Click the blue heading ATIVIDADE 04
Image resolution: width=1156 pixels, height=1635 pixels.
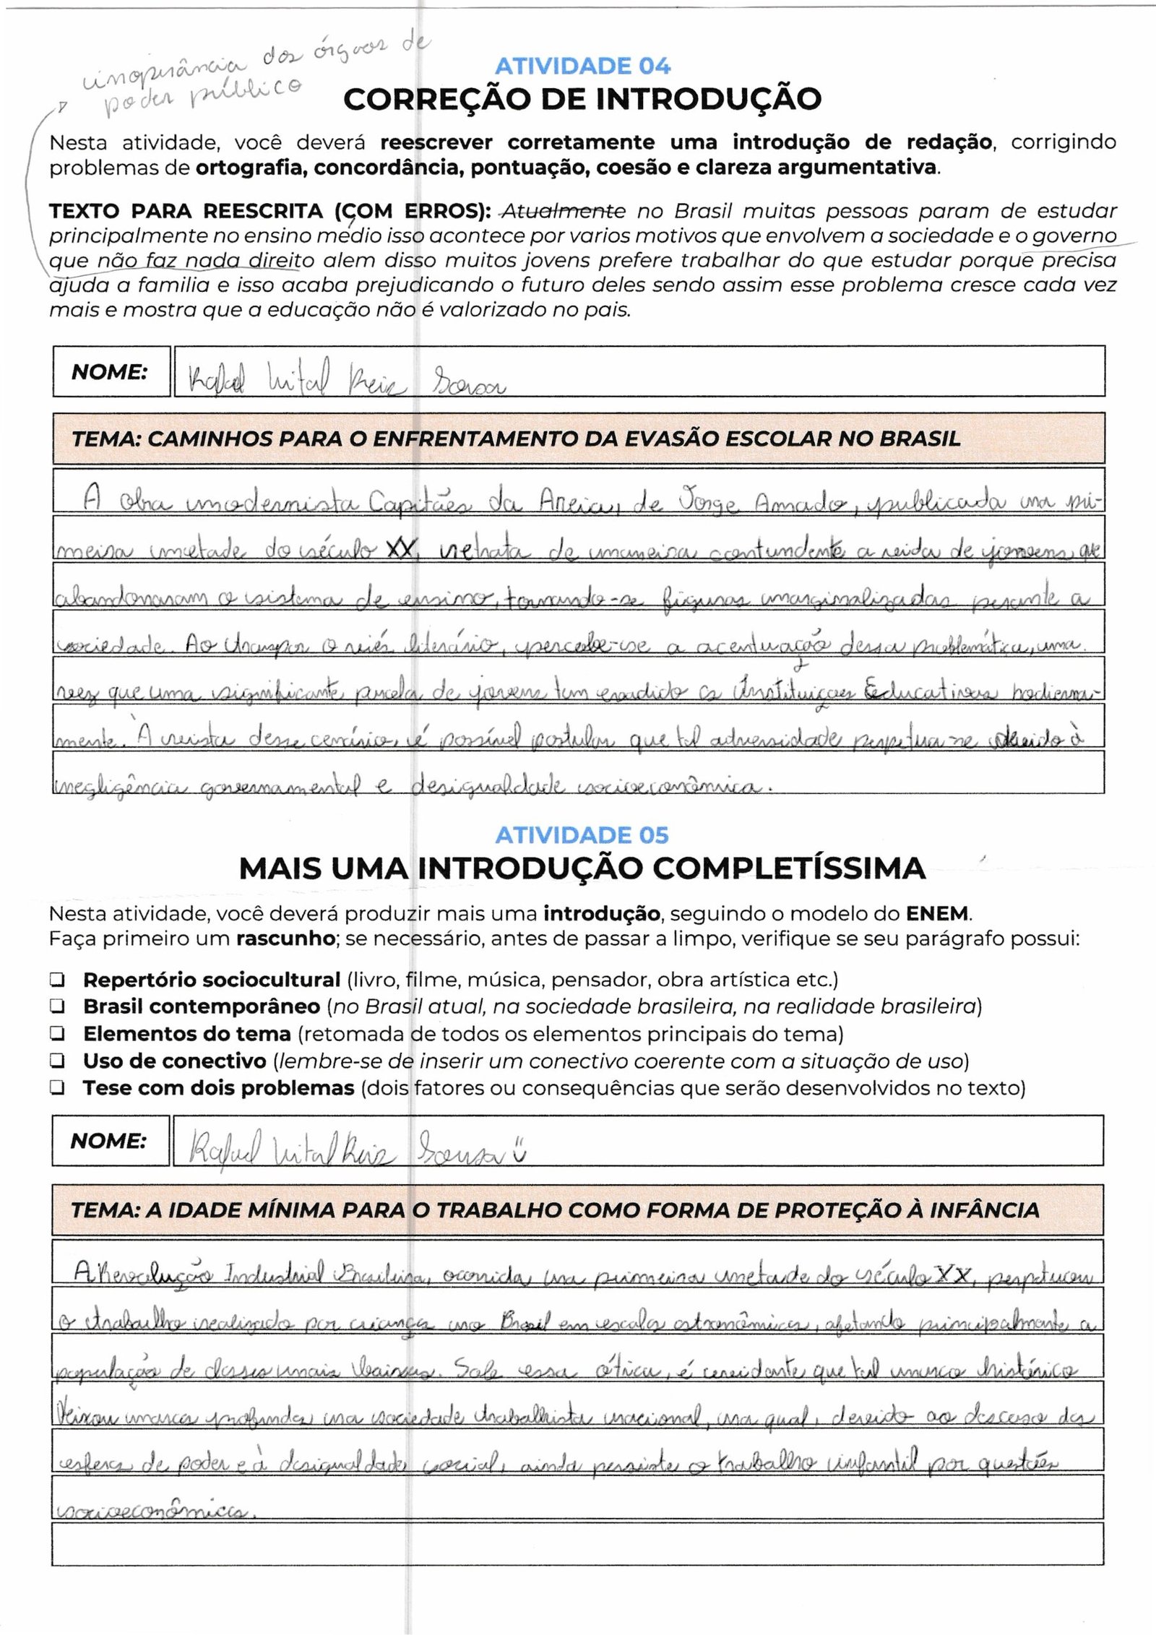click(582, 66)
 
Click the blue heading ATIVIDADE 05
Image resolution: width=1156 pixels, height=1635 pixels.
click(582, 835)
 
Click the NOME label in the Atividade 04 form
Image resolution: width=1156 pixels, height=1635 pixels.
click(110, 372)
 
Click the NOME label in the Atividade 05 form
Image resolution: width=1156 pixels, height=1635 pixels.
click(108, 1142)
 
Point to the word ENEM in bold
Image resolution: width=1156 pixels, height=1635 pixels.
click(939, 914)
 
